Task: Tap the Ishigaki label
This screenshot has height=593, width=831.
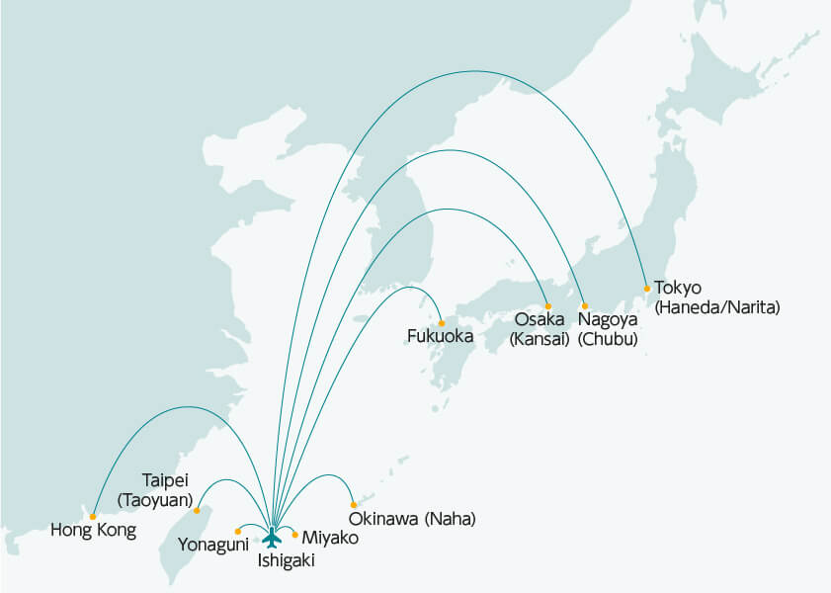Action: [x=288, y=560]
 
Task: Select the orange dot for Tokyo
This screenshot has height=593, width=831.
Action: [x=647, y=289]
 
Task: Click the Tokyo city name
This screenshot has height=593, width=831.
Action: [x=677, y=289]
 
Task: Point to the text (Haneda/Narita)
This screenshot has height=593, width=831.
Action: [x=716, y=307]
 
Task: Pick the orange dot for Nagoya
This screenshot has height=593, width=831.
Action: [x=584, y=305]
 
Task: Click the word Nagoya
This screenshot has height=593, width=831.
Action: [x=609, y=320]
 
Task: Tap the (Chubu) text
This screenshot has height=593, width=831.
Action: [x=608, y=339]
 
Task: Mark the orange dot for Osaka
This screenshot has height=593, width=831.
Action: [x=547, y=306]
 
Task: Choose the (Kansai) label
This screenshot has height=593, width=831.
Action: [x=540, y=339]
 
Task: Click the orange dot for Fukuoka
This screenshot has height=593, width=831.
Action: [x=442, y=321]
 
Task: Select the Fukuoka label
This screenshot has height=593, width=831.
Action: [x=441, y=337]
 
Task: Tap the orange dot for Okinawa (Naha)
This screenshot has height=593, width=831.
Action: [x=354, y=505]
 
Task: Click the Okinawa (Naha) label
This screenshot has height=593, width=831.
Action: [x=413, y=518]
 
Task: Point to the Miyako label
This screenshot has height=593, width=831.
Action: [x=330, y=538]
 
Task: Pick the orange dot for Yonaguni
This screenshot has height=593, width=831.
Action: [x=238, y=532]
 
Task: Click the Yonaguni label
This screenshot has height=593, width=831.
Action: [x=213, y=545]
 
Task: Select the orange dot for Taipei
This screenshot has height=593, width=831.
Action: [x=198, y=510]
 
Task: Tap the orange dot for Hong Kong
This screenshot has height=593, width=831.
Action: [x=93, y=516]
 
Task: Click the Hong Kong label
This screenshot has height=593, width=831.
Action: [x=93, y=531]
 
